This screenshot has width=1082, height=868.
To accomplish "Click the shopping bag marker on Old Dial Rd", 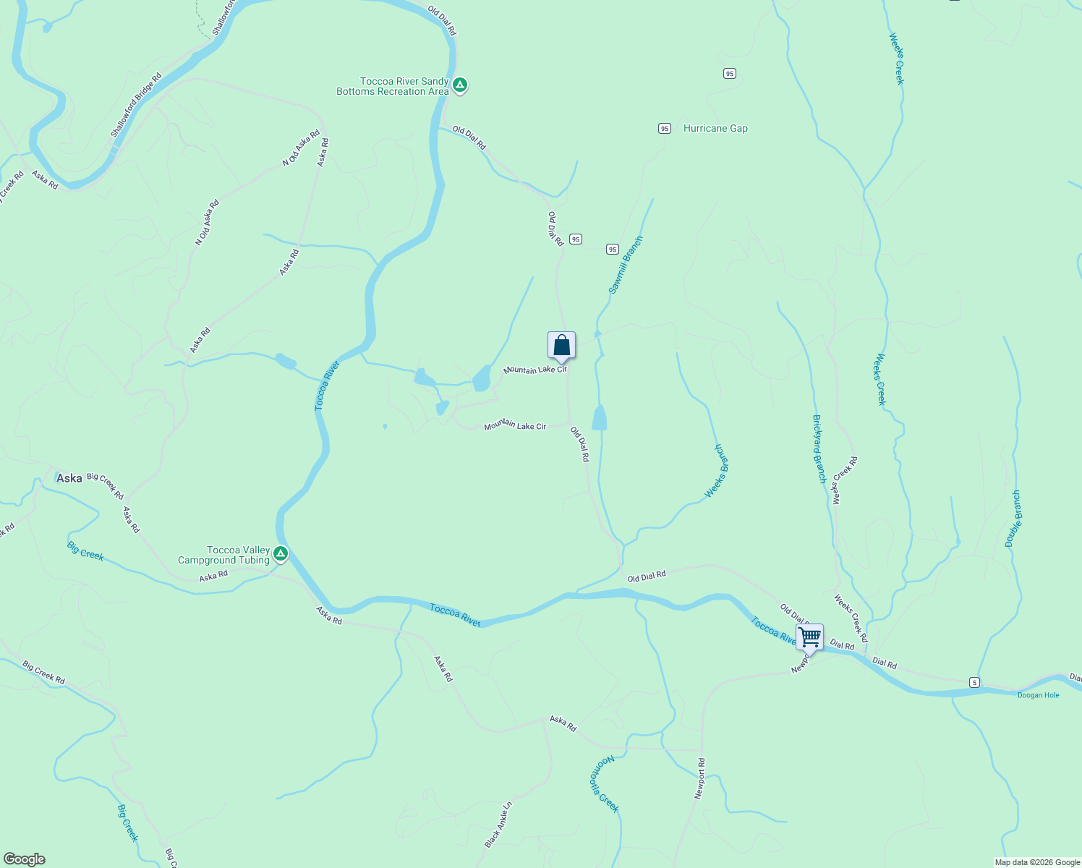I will coord(561,346).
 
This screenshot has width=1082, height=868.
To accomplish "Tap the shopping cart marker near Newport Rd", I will coord(809,638).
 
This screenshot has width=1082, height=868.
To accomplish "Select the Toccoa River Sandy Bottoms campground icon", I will coord(460,86).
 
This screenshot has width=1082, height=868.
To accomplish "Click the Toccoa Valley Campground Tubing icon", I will coord(281,555).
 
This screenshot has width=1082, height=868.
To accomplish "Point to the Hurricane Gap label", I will coord(715,129).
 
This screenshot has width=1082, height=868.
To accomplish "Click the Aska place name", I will coord(69,478).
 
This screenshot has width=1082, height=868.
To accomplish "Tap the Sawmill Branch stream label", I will coord(625,265).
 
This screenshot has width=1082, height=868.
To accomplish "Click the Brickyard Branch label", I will coord(819,449).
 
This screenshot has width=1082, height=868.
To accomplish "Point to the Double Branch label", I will coord(1013,518).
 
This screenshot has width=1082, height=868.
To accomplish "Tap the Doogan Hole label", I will coord(1038,695).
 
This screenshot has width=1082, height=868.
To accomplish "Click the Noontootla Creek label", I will coord(605,784).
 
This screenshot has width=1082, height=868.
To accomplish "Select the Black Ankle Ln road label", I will coord(498,824).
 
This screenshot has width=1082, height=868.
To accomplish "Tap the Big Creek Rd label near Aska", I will coord(106,486).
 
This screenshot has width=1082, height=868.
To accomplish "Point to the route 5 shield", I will coord(975,682).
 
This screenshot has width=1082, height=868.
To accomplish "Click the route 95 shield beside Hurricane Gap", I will coord(665,129).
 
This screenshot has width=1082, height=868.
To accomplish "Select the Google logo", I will coord(25,859).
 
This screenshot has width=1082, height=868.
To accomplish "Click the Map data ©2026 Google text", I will coord(1037,862).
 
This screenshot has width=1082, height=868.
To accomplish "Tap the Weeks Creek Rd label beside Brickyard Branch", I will coord(844,480).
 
